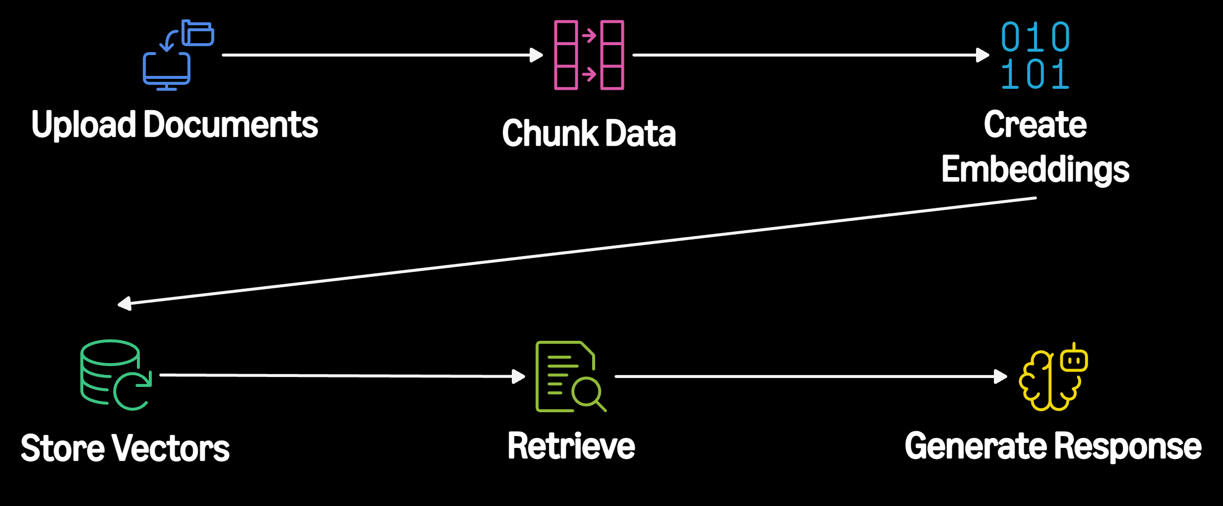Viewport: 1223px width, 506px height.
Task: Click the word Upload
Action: pyautogui.click(x=84, y=125)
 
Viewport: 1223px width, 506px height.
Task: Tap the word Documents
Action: pyautogui.click(x=231, y=124)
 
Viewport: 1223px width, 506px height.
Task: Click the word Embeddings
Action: pyautogui.click(x=1036, y=170)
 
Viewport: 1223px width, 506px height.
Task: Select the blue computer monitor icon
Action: pyautogui.click(x=167, y=71)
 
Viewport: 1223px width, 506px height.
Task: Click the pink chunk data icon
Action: pyautogui.click(x=589, y=55)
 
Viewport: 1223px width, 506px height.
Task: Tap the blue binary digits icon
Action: pyautogui.click(x=1036, y=55)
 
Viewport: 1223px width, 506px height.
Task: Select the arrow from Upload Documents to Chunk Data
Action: pyautogui.click(x=382, y=55)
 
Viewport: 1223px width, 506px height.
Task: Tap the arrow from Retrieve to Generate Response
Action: pyautogui.click(x=811, y=377)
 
